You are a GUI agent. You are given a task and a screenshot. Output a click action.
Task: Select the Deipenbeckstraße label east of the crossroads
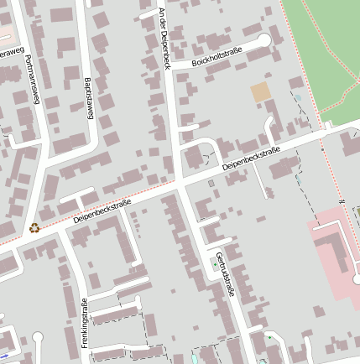pos(251,160)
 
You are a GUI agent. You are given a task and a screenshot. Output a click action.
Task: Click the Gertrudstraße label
pos(223,275)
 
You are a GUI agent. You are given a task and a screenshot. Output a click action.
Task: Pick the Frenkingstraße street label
pos(85,322)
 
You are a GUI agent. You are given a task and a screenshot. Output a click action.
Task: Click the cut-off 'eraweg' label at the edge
pos(8,52)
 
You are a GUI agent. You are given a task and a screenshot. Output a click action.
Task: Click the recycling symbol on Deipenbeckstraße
pos(34,226)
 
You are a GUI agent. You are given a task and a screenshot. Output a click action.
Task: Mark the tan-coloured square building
pos(261,92)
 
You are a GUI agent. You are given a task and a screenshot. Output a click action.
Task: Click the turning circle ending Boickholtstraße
pos(264,39)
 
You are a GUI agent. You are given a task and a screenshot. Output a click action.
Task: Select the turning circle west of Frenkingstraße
pos(38,338)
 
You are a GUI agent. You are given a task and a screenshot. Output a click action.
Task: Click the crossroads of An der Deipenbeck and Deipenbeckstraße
pos(180,183)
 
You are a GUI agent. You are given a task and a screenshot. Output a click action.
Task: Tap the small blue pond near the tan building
pos(297,98)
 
